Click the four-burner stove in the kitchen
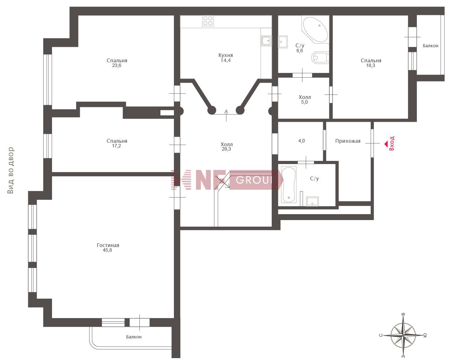[208, 21]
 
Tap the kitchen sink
[266, 41]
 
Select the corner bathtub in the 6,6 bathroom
[316, 29]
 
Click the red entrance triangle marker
[386, 144]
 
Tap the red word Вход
[392, 143]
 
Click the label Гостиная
[108, 245]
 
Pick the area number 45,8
[107, 250]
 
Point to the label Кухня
[226, 55]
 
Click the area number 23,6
[117, 65]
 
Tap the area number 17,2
[117, 146]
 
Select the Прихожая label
[348, 141]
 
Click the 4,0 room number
[301, 141]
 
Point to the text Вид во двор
[10, 170]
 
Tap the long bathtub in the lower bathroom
[289, 185]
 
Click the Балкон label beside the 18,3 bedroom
[431, 46]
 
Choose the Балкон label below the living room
[134, 337]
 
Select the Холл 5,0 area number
[304, 102]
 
